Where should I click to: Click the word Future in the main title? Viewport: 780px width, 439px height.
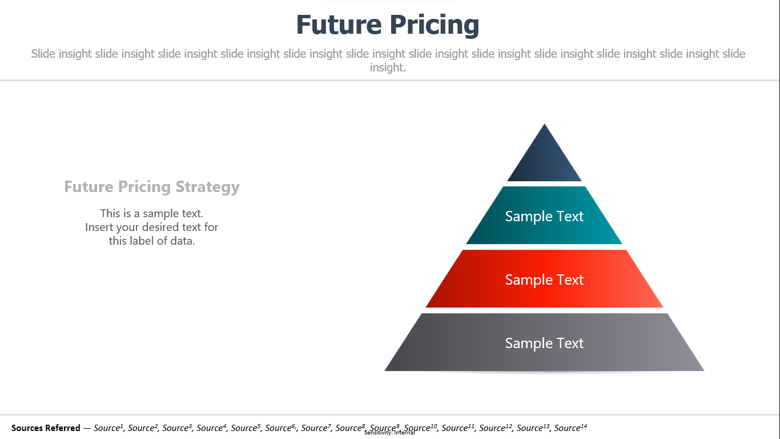tap(339, 25)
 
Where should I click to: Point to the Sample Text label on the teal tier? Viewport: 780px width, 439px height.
tap(544, 216)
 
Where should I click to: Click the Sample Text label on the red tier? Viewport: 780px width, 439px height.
tap(544, 280)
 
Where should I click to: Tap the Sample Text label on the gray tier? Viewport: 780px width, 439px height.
tap(544, 343)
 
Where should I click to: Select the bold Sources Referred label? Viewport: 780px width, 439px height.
tap(46, 428)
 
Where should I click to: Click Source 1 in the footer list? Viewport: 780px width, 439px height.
tap(108, 428)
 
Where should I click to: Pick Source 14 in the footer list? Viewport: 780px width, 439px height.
tap(570, 428)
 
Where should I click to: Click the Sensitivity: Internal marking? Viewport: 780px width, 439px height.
tap(389, 433)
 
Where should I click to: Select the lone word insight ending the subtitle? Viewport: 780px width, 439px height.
tap(387, 67)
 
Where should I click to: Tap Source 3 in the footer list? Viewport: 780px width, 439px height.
tap(177, 428)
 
